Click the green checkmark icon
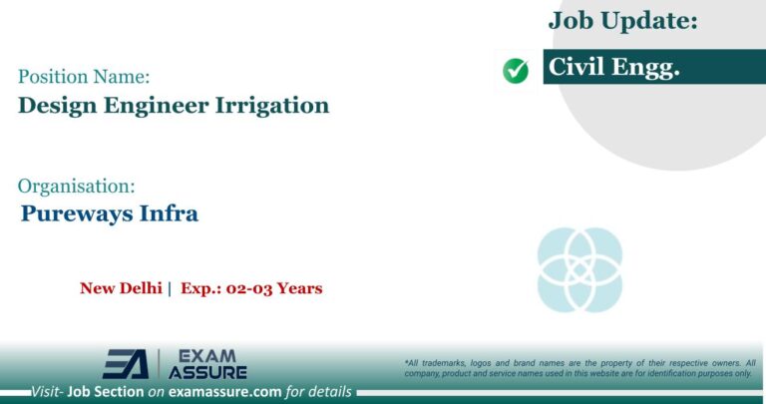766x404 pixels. (516, 70)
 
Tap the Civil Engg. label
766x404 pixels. (613, 68)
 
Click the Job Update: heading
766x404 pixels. (622, 20)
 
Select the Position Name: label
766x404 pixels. (84, 75)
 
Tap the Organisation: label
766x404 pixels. (76, 185)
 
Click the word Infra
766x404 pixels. (173, 212)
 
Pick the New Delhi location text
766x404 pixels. (121, 288)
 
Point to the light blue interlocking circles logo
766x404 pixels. (579, 269)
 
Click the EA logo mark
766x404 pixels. (127, 364)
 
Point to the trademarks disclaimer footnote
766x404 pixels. (579, 368)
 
